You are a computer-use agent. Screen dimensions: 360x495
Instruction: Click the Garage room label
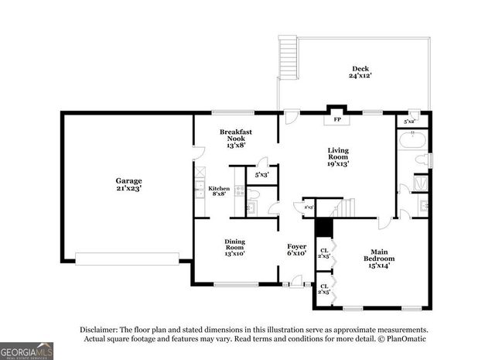(x=128, y=184)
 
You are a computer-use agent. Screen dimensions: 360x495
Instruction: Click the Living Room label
(x=338, y=157)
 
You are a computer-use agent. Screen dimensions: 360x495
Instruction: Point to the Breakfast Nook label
(x=236, y=137)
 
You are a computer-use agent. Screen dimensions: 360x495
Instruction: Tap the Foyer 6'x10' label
(x=297, y=249)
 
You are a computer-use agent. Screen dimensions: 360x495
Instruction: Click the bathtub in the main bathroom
(x=411, y=141)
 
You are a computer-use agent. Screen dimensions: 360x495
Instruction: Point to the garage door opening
(x=127, y=259)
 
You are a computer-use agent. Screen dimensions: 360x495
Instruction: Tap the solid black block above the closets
(x=323, y=228)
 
